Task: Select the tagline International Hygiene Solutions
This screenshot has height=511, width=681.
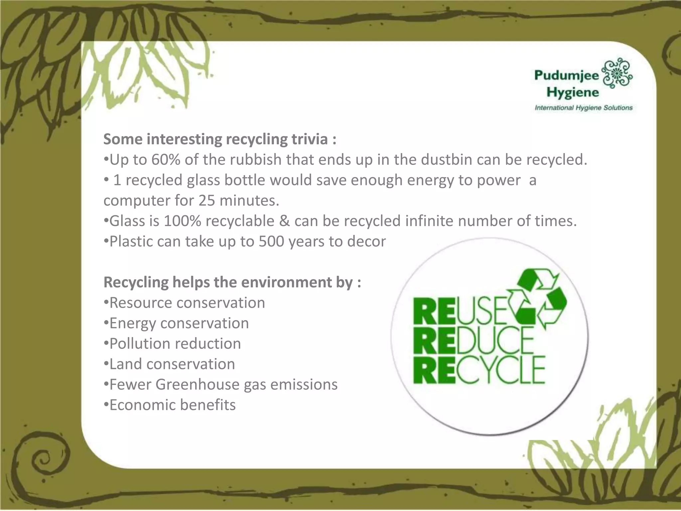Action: tap(583, 108)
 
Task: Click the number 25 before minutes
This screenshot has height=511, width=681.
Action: tap(207, 201)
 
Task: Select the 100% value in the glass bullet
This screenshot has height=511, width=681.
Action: tap(182, 221)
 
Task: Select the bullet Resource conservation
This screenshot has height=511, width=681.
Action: tap(185, 303)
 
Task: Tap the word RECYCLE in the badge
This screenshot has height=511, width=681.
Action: tap(479, 370)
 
